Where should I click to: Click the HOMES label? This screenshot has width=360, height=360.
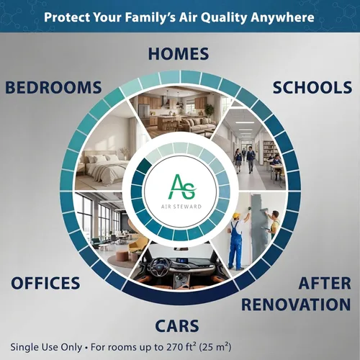tap(179, 53)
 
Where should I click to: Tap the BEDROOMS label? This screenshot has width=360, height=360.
tap(53, 87)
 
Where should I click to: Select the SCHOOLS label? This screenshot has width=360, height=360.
tap(312, 87)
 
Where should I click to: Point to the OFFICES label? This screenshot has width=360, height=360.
tap(45, 283)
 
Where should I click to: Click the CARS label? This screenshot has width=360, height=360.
tap(177, 326)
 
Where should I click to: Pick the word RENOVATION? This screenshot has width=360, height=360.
tap(296, 305)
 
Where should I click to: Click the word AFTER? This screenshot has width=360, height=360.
tap(325, 283)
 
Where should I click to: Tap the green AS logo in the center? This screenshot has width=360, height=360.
tap(182, 187)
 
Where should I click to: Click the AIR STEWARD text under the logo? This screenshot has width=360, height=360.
tap(181, 207)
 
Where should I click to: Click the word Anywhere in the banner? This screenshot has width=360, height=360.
tap(282, 17)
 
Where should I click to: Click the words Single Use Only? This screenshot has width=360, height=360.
tap(46, 347)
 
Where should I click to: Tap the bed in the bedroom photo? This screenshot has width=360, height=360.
tap(104, 166)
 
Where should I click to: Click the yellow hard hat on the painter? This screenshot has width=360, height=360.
tap(237, 215)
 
